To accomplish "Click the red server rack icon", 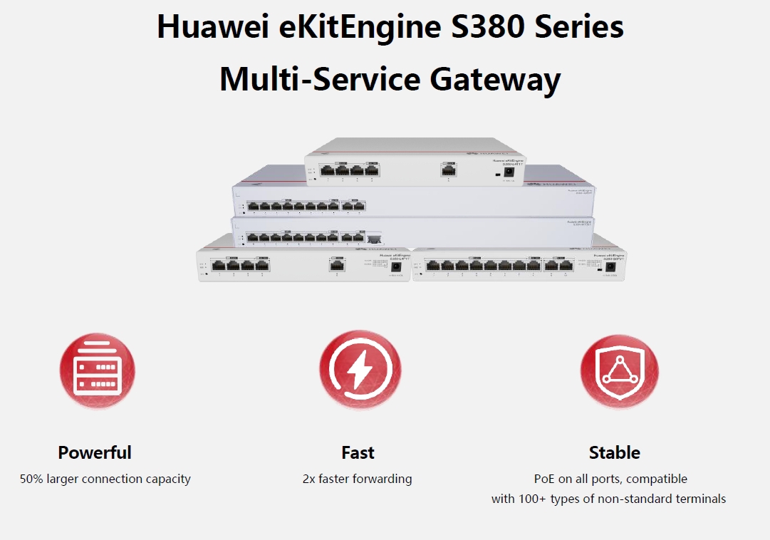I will pos(97,370).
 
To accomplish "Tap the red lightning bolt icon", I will pos(359,370).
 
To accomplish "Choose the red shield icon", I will pos(618,370).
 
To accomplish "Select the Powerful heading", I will pos(95,452).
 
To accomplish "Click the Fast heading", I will pos(358,452).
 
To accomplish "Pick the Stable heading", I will pos(614,452).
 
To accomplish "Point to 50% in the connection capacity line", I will pos(31,479).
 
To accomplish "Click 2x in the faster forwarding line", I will pos(310,479).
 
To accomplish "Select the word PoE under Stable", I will pos(544,479).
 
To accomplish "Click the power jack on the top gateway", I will pos(509,172).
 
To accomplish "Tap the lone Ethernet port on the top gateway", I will pos(448,170).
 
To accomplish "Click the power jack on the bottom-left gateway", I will pos(397,266).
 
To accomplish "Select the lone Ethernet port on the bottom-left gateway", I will pos(337,265).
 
